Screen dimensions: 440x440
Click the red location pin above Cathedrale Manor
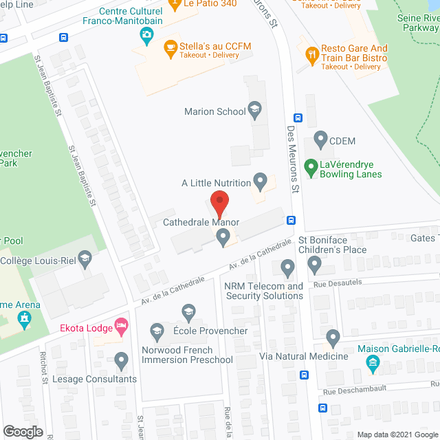(219, 203)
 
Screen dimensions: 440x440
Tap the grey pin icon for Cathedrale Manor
(222, 237)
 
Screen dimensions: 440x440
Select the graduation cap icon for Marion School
(255, 111)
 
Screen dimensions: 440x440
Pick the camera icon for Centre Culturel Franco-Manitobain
(146, 34)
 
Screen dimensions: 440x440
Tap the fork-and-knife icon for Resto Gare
(312, 53)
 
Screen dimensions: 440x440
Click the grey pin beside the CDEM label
(320, 141)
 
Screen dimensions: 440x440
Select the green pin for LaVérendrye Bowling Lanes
(310, 166)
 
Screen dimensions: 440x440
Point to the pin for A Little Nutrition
(260, 182)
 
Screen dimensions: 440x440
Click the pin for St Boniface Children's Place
(315, 264)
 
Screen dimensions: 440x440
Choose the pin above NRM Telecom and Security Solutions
(288, 266)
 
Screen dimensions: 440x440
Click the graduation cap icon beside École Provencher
(157, 331)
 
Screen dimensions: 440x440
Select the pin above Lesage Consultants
(122, 360)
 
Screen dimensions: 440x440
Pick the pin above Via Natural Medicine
(333, 338)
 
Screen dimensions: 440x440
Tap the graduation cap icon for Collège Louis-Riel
(85, 259)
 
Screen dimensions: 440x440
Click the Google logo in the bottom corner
(23, 431)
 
